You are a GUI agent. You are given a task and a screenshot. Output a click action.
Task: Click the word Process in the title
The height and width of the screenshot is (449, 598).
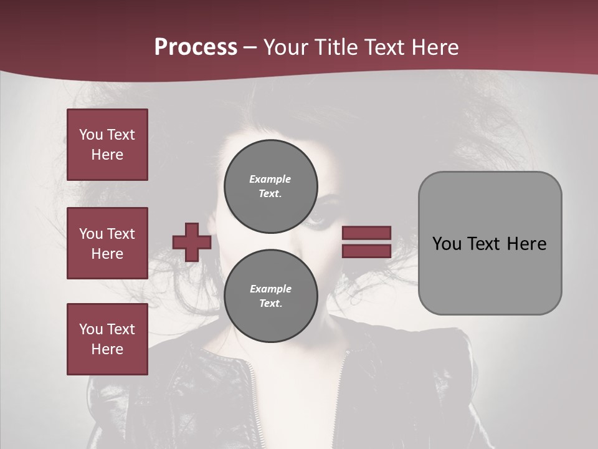click(x=196, y=47)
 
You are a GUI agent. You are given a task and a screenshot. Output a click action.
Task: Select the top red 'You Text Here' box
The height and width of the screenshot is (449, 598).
click(x=107, y=145)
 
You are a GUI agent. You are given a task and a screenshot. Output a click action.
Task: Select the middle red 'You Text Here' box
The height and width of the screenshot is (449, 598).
click(x=107, y=243)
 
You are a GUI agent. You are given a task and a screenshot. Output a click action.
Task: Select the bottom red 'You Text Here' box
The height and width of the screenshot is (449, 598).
click(x=107, y=339)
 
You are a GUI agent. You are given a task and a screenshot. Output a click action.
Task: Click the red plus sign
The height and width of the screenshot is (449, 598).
click(x=192, y=242)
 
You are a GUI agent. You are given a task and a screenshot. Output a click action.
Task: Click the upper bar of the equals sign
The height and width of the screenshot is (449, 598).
click(x=366, y=233)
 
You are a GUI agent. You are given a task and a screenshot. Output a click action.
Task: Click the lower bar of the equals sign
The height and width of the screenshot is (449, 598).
click(x=366, y=251)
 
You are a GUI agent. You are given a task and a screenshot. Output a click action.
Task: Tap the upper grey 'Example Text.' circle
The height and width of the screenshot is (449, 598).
click(x=270, y=186)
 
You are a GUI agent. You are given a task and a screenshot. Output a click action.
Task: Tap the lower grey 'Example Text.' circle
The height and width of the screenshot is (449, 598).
click(x=270, y=296)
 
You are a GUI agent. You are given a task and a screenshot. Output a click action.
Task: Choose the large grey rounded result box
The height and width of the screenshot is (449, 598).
click(x=490, y=243)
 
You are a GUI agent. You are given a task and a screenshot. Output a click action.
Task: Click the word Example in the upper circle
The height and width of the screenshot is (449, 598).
click(x=270, y=179)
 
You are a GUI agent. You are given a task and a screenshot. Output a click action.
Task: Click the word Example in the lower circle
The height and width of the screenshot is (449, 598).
click(x=270, y=289)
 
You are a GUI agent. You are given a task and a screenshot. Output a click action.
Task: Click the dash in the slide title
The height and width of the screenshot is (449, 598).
click(x=250, y=47)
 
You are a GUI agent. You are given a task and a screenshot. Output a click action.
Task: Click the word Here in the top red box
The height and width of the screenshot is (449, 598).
click(x=107, y=155)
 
